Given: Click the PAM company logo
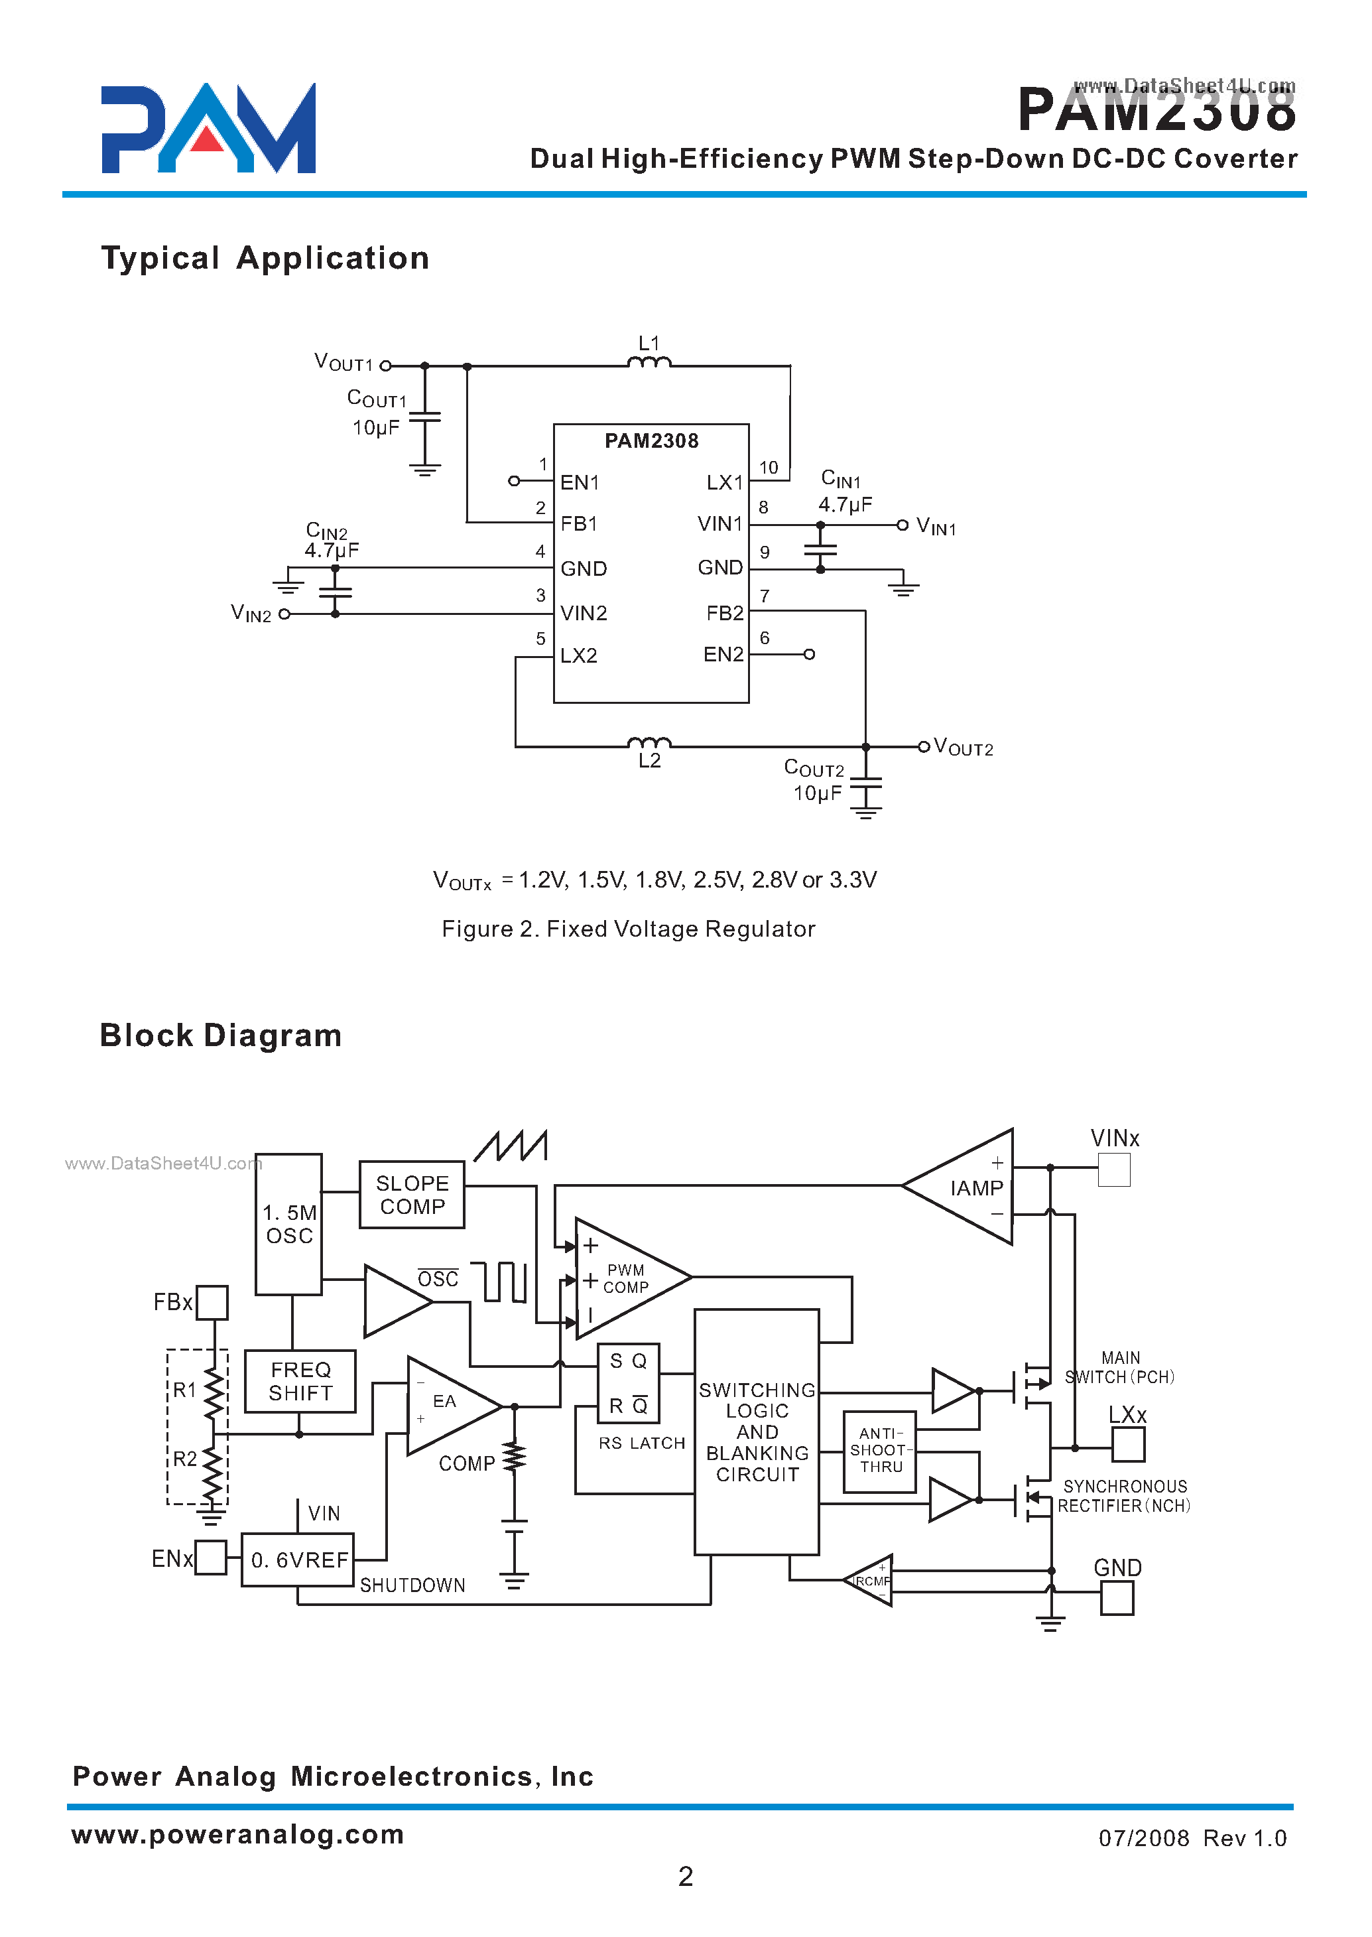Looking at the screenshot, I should pos(208,129).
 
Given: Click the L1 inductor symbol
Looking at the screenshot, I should pos(649,363).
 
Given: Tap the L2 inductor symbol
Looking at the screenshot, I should pos(649,743).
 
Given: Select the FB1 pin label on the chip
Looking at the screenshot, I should pos(579,524).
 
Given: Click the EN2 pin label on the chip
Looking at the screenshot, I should pos(723,654).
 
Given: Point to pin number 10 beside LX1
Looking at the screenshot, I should pos(768,468).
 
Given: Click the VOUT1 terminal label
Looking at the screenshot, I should pos(343,363).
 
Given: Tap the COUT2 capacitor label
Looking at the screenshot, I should pos(814,768).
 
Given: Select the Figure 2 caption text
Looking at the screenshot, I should pos(628,929).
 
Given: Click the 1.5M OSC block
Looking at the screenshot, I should pos(289,1224).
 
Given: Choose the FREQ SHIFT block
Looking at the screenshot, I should pos(300,1381).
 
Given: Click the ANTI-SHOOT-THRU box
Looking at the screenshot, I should pos(879,1450).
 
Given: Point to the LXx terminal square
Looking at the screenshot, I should pos(1128,1444).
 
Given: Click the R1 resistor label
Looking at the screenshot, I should pos(184,1389).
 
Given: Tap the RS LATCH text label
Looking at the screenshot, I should pos(641,1443).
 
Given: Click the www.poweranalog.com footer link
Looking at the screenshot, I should pos(237,1834).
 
